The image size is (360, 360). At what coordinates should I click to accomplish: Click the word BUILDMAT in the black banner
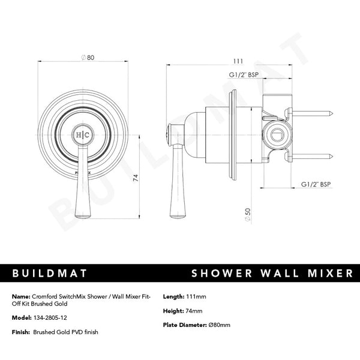50,274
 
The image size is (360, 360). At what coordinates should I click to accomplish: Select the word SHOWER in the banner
220,274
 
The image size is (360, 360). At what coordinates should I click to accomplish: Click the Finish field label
20,332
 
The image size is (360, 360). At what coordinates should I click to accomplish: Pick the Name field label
20,297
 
